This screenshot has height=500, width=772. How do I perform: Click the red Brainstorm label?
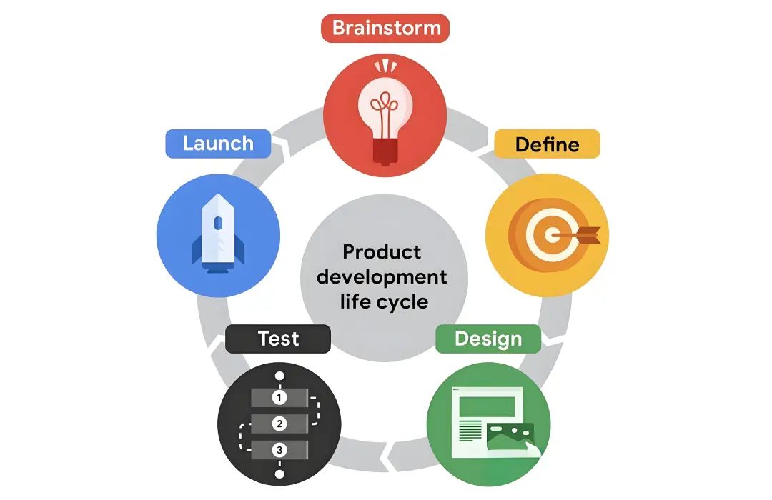[x=385, y=28]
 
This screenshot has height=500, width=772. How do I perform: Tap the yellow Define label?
[x=547, y=144]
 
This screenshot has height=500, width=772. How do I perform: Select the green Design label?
[x=488, y=339]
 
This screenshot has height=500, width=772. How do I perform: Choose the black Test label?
[x=277, y=339]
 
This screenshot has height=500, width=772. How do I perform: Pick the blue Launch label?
[x=218, y=144]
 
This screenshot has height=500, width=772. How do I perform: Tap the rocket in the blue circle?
[x=218, y=234]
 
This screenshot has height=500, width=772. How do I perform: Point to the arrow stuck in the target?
[x=575, y=235]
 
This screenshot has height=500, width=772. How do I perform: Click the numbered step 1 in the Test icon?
[x=279, y=397]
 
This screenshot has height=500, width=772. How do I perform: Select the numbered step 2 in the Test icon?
[x=279, y=424]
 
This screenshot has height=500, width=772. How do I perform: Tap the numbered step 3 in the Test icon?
[x=279, y=450]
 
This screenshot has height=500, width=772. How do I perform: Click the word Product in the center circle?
[x=382, y=252]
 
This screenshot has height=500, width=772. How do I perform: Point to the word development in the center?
[x=382, y=276]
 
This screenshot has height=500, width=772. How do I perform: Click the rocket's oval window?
[x=218, y=224]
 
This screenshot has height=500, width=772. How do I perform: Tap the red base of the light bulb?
[x=385, y=151]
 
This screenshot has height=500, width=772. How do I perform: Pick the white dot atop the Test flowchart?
[x=279, y=376]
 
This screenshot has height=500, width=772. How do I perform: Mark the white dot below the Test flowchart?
[x=279, y=474]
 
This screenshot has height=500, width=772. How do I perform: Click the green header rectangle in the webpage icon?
[x=487, y=407]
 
